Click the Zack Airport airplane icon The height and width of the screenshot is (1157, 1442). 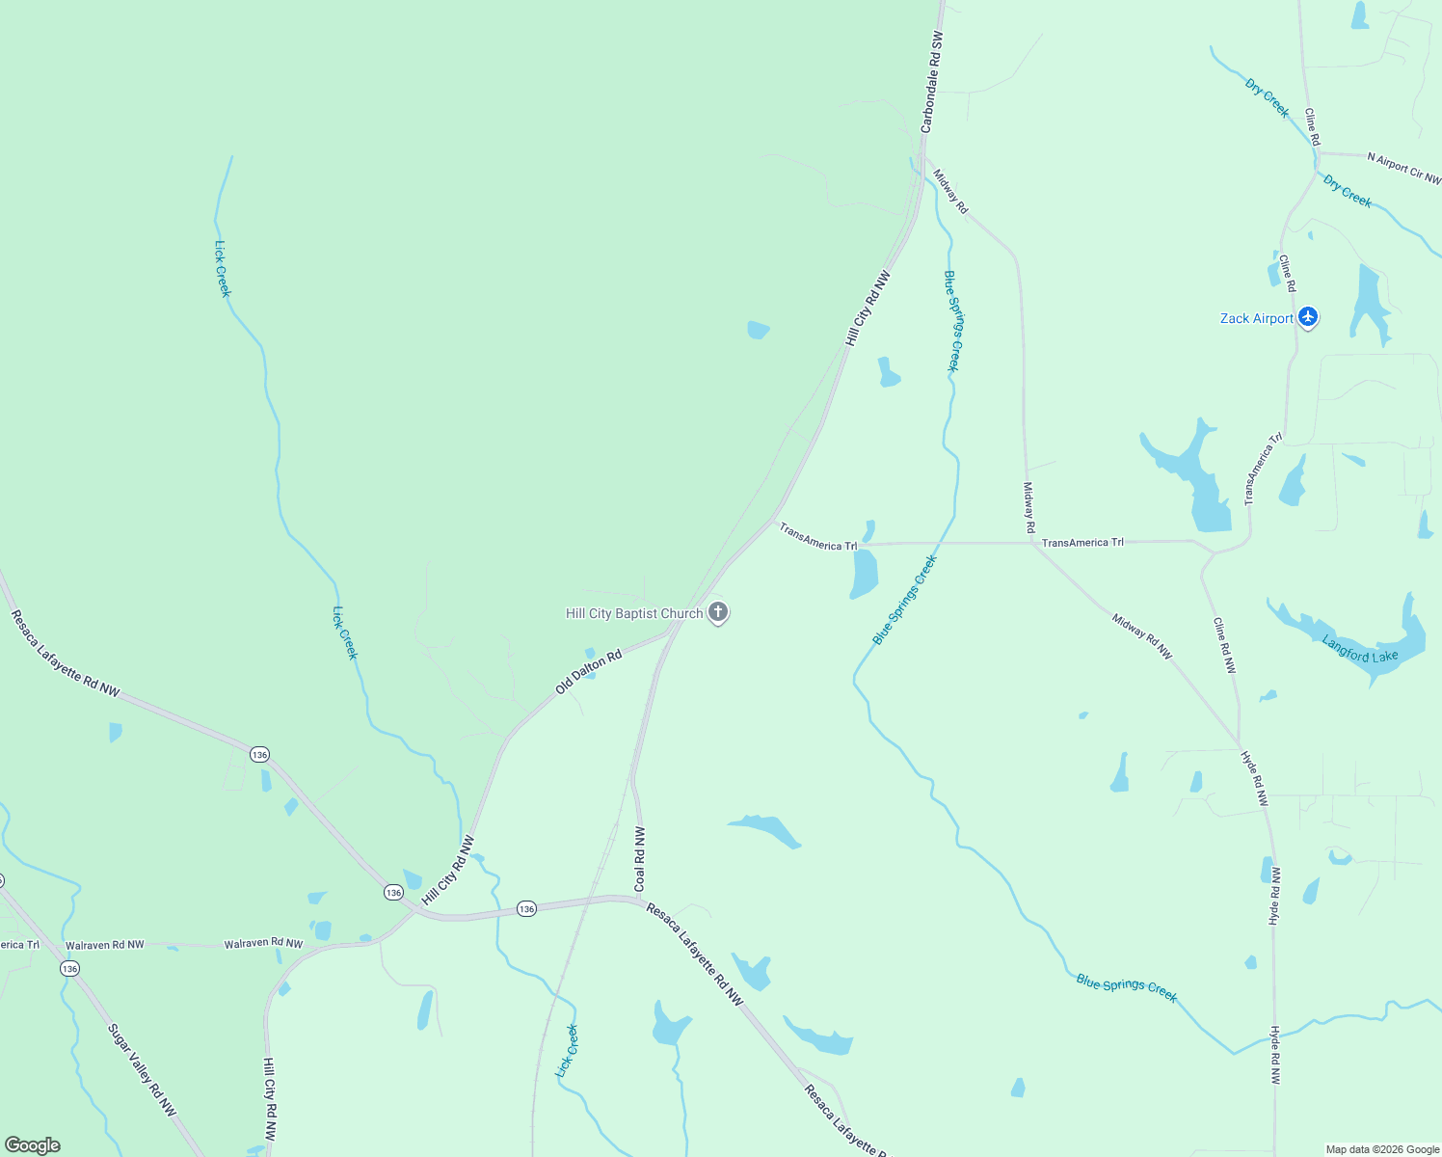click(x=1308, y=317)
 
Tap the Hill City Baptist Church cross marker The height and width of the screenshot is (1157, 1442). click(x=717, y=612)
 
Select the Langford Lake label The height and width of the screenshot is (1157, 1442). click(x=1359, y=650)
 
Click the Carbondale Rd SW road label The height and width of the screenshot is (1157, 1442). click(x=931, y=82)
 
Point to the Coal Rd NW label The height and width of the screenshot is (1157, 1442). click(x=640, y=858)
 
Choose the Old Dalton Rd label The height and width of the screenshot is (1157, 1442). click(x=589, y=672)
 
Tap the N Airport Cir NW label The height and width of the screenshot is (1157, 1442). click(x=1403, y=168)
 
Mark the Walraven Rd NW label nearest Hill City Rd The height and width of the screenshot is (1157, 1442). click(x=263, y=943)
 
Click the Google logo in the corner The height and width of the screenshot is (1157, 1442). click(x=33, y=1145)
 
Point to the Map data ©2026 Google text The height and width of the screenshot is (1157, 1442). click(x=1382, y=1149)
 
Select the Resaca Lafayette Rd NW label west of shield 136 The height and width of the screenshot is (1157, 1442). click(x=66, y=653)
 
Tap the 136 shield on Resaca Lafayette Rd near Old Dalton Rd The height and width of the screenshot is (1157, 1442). click(x=259, y=754)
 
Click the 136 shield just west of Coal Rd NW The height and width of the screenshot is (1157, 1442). click(x=526, y=908)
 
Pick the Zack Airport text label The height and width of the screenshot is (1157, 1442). click(x=1257, y=318)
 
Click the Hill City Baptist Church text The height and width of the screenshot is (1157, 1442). click(x=634, y=613)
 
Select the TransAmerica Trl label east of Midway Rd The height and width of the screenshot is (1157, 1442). click(x=1082, y=543)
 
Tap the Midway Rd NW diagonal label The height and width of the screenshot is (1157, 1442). click(x=1142, y=636)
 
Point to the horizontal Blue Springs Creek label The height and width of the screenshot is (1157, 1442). click(x=1126, y=988)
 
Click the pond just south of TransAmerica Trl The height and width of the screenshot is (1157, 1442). click(x=864, y=574)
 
